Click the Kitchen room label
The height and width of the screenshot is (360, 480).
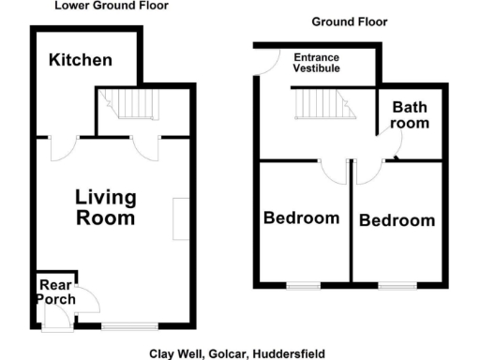tap(81, 60)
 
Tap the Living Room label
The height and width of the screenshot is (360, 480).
tap(105, 208)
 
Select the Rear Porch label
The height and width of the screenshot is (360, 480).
tap(54, 292)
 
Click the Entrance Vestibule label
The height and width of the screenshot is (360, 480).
tap(316, 63)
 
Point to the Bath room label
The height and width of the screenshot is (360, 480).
tap(410, 115)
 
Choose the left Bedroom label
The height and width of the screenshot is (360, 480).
tap(301, 218)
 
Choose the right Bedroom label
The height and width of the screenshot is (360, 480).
tap(397, 221)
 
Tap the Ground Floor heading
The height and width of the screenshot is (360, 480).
tap(349, 22)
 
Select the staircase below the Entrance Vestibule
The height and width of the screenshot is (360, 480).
tap(323, 104)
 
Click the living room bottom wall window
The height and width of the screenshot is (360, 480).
tap(130, 326)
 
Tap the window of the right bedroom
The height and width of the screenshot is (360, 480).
tap(394, 285)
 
